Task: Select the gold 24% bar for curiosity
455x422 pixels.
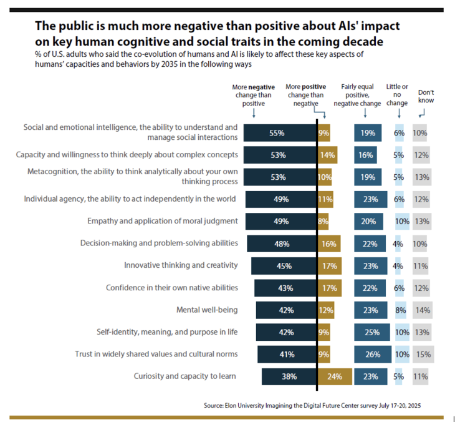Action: (x=335, y=376)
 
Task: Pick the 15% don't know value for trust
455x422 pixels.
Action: (x=423, y=355)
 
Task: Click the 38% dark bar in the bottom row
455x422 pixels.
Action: (x=289, y=376)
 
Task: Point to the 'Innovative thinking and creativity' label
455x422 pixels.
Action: (x=181, y=265)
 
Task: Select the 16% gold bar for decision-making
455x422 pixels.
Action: (x=328, y=243)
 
